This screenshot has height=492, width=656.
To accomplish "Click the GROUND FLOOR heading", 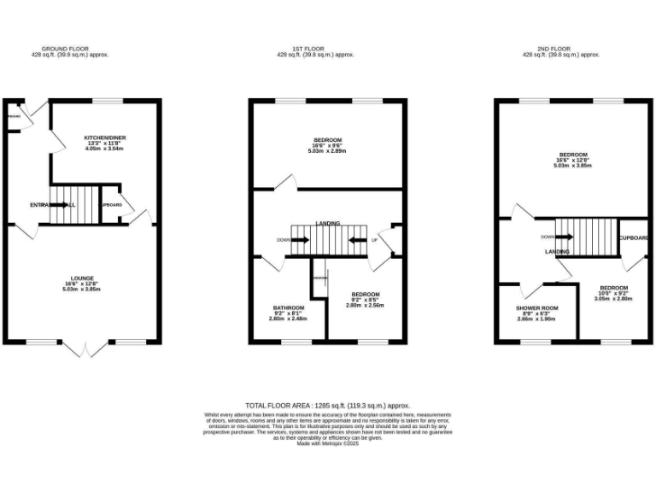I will pyautogui.click(x=66, y=49).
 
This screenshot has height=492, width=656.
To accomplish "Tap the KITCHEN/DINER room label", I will pyautogui.click(x=104, y=137).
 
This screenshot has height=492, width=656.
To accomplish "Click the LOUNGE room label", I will pyautogui.click(x=83, y=278).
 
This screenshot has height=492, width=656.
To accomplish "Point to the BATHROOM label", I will pyautogui.click(x=286, y=307).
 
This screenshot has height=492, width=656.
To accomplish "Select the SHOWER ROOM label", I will pyautogui.click(x=536, y=307).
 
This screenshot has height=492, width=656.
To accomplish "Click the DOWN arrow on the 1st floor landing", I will pyautogui.click(x=294, y=240).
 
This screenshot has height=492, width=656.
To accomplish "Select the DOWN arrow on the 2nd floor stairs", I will pyautogui.click(x=555, y=237).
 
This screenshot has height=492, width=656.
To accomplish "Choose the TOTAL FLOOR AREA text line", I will pyautogui.click(x=328, y=405).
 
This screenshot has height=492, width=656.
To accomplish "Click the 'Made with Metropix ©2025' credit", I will pyautogui.click(x=328, y=443).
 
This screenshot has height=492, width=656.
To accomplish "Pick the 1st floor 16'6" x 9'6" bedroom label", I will pyautogui.click(x=327, y=140).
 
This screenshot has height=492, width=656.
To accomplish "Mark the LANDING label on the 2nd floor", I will pyautogui.click(x=557, y=251).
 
